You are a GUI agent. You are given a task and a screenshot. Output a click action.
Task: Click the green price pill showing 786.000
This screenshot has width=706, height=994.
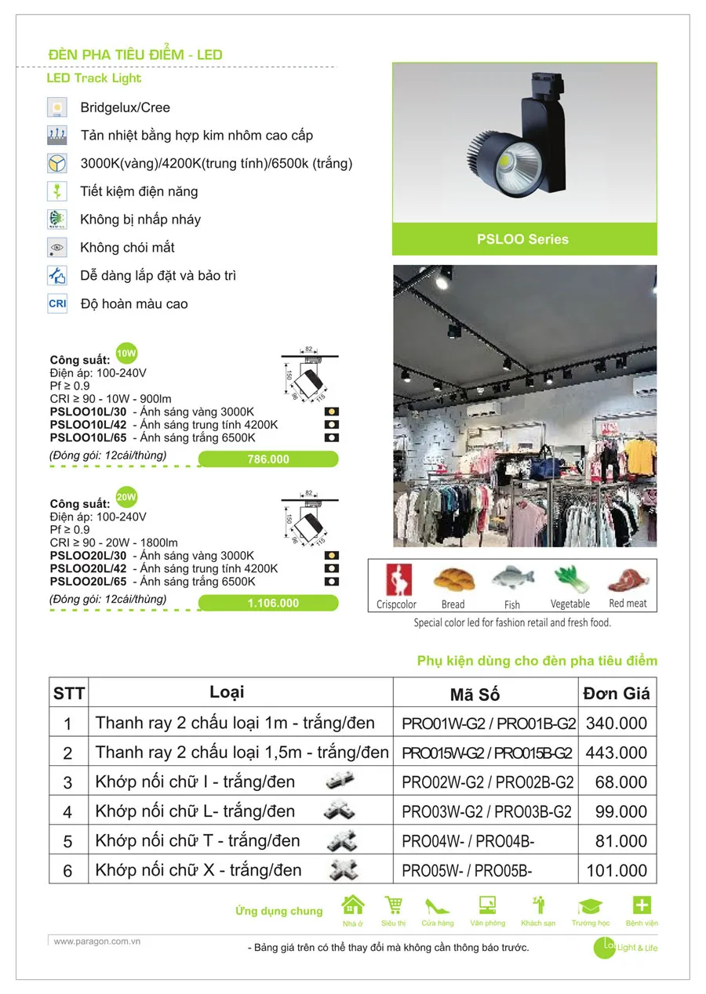point(268,459)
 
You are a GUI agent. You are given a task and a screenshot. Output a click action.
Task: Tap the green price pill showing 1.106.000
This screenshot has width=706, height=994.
point(268,603)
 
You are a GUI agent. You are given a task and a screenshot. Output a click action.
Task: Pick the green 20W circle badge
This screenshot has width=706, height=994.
point(126,497)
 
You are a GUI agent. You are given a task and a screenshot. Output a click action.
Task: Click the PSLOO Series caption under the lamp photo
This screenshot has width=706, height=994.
point(522,240)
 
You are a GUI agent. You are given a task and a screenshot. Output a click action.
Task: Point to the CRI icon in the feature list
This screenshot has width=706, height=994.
point(57,303)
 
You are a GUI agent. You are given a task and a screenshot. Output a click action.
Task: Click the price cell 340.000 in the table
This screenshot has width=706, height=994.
point(617,723)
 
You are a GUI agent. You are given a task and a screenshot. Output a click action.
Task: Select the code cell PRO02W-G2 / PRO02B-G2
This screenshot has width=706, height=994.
point(487,782)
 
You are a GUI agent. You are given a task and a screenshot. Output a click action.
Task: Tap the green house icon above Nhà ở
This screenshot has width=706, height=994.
point(353,905)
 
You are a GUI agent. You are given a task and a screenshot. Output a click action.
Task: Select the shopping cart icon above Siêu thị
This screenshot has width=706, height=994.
point(393,905)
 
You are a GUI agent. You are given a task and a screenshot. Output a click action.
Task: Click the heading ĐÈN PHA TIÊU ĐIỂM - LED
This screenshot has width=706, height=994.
point(135,55)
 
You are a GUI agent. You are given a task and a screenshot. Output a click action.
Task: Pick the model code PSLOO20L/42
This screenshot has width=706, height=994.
point(87,568)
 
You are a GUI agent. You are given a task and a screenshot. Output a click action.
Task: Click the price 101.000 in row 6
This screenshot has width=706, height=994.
point(617,870)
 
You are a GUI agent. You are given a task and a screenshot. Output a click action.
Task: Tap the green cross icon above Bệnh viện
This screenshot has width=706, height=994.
point(642,905)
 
